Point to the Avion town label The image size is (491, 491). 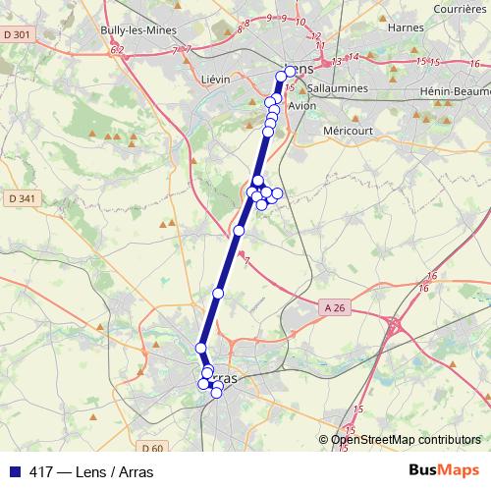click(x=307, y=107)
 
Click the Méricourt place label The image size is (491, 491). click(x=350, y=129)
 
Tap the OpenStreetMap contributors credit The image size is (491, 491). click(x=406, y=440)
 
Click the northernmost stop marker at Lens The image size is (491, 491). click(x=290, y=72)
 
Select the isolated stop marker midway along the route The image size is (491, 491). click(x=239, y=231)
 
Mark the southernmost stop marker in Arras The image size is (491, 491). click(x=217, y=393)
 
